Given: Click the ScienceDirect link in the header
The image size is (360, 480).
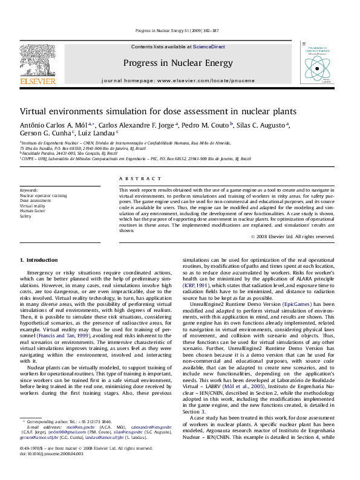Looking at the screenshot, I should [x=209, y=47].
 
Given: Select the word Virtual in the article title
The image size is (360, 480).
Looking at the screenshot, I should [x=34, y=112].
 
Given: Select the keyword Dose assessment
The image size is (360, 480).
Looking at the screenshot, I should [x=36, y=201].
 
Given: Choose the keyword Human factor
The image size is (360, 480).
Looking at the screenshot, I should [x=33, y=210].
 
